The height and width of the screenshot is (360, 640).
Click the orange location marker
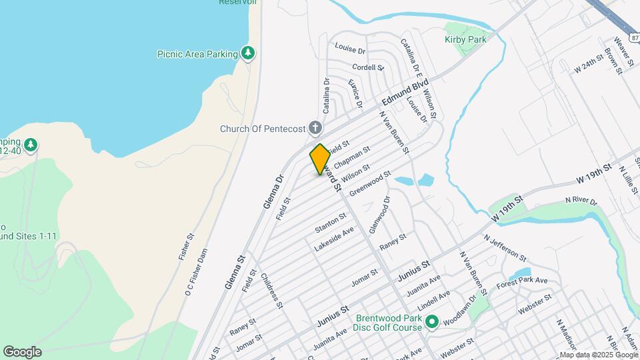pyautogui.click(x=320, y=159)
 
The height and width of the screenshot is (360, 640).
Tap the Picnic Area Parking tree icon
pyautogui.click(x=248, y=53)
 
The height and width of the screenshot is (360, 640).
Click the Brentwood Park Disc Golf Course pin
pyautogui.click(x=431, y=323)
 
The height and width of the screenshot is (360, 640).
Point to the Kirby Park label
pyautogui.click(x=465, y=39)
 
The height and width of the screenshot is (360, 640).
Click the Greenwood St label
pyautogui.click(x=370, y=180)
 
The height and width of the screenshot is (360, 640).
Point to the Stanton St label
pyautogui.click(x=331, y=223)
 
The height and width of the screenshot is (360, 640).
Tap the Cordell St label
pyautogui.click(x=368, y=67)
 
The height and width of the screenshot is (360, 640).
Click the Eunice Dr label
pyautogui.click(x=355, y=93)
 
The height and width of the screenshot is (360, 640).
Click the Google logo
pyautogui.click(x=22, y=351)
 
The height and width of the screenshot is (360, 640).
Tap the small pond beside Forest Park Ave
pyautogui.click(x=519, y=273)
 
